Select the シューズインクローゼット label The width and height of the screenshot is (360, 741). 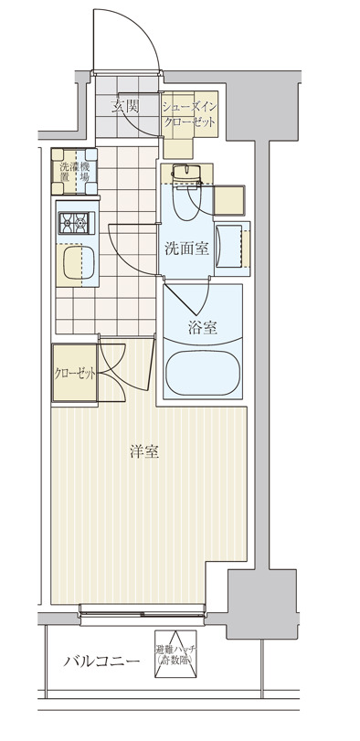(190, 114)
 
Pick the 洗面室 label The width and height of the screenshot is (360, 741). (186, 247)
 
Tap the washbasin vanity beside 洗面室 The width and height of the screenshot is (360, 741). (232, 247)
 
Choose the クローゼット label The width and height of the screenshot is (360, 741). (74, 373)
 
